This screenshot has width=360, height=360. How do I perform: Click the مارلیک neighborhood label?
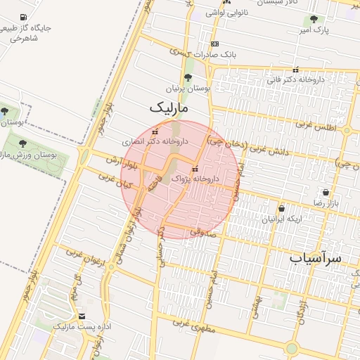click(170, 108)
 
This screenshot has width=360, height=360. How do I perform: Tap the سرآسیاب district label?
click(315, 258)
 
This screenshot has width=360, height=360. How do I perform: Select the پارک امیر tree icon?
click(313, 19)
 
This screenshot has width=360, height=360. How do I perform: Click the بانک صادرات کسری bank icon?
click(214, 44)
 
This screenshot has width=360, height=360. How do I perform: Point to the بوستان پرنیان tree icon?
click(187, 78)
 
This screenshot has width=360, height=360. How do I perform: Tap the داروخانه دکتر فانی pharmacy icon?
click(295, 70)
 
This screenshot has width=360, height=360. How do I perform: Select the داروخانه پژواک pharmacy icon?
click(195, 169)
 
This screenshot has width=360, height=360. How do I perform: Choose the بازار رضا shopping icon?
click(326, 192)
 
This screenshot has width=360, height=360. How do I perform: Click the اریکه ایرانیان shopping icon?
click(281, 208)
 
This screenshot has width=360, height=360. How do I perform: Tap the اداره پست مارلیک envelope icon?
click(82, 317)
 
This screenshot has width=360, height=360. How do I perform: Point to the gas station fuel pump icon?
click(23, 17)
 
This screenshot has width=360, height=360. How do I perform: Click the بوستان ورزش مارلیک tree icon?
click(23, 143)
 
